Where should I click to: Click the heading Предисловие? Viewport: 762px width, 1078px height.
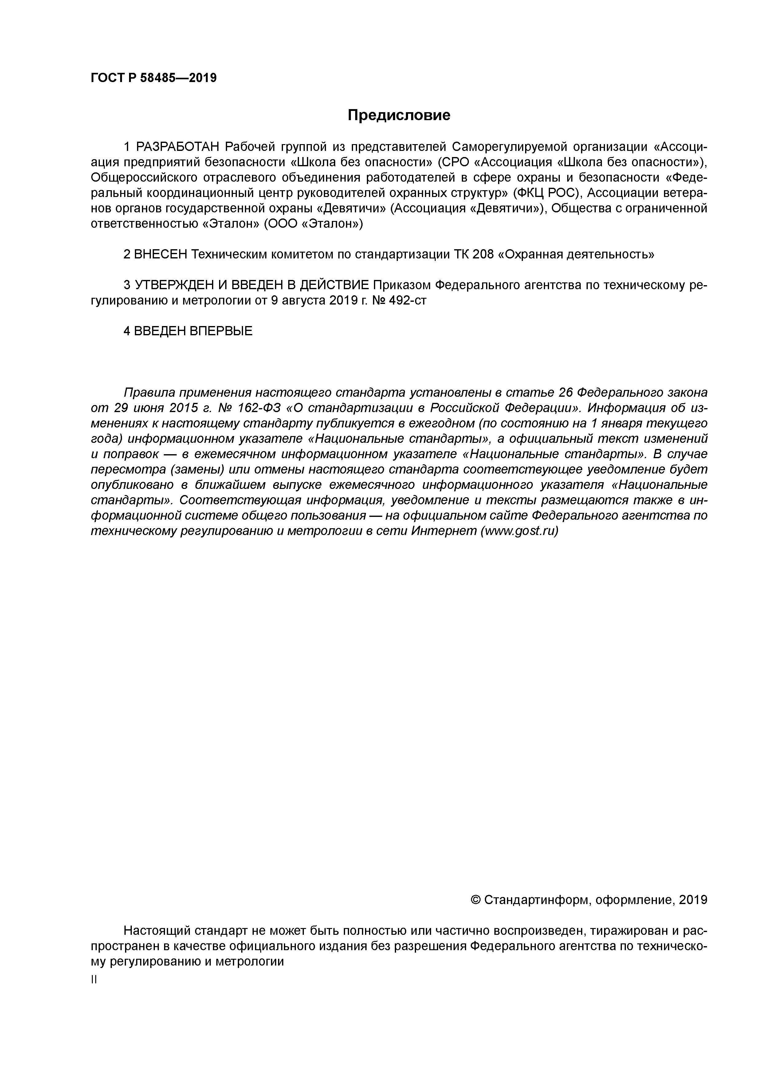coord(399,115)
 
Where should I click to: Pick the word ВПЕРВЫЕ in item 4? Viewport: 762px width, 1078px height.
coord(221,331)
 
